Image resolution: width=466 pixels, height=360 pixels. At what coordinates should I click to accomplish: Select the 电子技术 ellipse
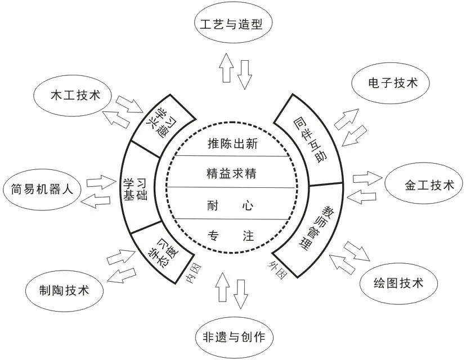tap(391, 83)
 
